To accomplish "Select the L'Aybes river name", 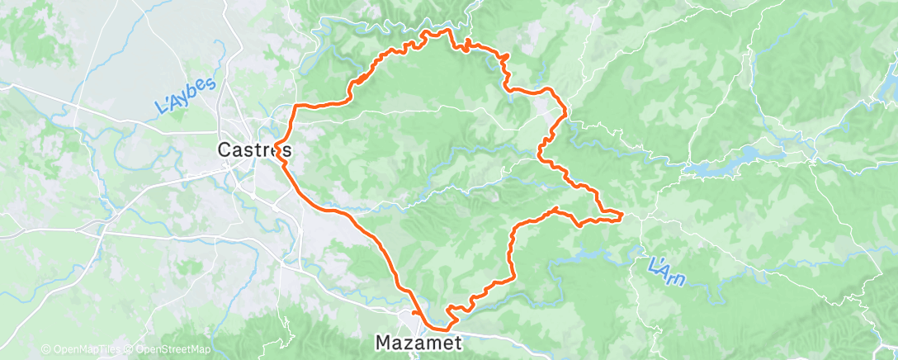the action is [x=185, y=97].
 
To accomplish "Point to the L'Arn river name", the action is [x=666, y=272].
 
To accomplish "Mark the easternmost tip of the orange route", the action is [x=621, y=216].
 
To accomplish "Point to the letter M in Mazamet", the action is [x=383, y=341].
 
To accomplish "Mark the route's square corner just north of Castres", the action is [x=297, y=107].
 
